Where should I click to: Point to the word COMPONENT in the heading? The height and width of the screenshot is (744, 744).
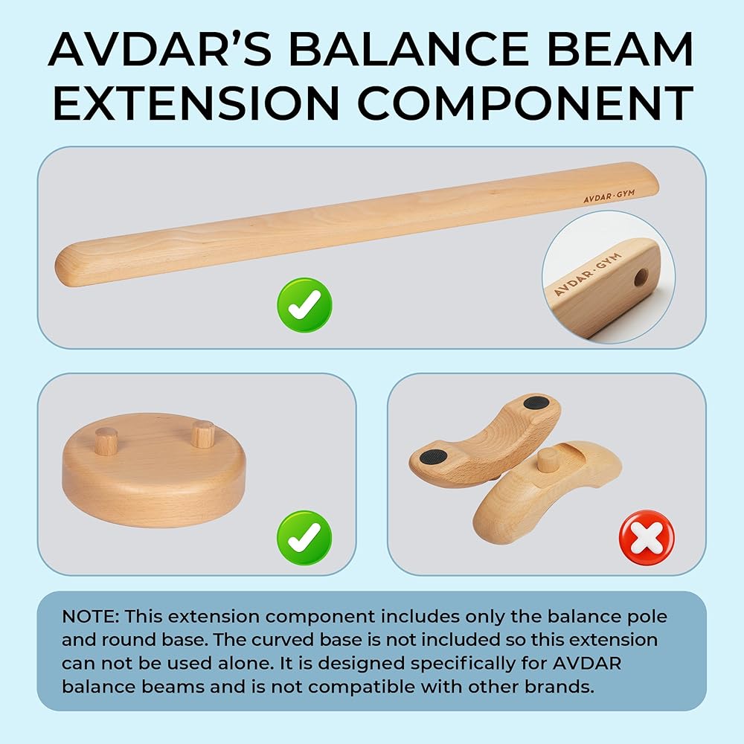point(525,103)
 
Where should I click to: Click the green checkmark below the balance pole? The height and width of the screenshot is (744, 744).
point(304,305)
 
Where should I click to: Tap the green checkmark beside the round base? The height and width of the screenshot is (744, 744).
point(304,538)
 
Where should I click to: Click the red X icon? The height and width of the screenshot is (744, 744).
point(647,538)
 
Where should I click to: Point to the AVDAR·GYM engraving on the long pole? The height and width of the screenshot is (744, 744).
point(609,196)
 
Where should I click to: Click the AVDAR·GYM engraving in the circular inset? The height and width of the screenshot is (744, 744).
point(588,274)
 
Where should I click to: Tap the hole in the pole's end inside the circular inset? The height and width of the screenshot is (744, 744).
point(641,277)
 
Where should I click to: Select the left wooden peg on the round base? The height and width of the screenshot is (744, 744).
point(106,440)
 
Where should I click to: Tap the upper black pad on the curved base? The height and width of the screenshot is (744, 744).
point(536,403)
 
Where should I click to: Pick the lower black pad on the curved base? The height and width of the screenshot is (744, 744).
point(434,458)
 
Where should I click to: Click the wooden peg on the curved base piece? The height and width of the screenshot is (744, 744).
point(548,460)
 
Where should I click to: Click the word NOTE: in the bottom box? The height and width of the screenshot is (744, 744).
point(90,617)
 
